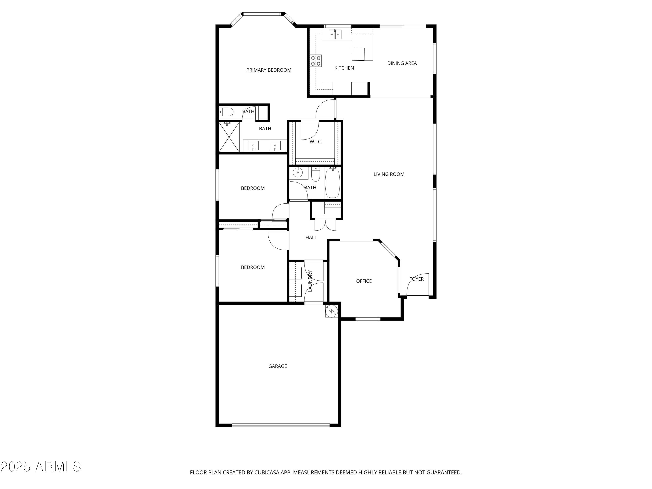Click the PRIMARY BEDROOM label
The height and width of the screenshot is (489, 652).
269,70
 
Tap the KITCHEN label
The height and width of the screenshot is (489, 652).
344,68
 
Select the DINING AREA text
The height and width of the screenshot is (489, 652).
402,63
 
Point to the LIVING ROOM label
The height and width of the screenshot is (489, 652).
389,174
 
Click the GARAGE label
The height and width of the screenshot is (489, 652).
277,366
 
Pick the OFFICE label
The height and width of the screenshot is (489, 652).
364,281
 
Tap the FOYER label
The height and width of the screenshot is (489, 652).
416,279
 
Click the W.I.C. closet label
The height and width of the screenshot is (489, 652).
316,142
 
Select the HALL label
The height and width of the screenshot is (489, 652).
311,237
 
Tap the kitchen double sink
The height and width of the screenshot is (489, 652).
335,35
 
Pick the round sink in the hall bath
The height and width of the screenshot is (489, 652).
297,172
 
